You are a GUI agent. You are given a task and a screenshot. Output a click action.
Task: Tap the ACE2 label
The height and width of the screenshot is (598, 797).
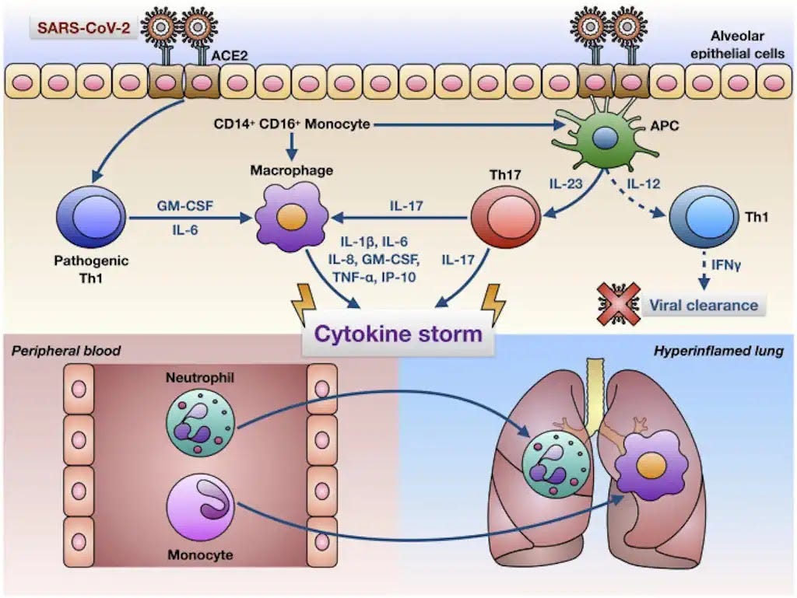click(226, 55)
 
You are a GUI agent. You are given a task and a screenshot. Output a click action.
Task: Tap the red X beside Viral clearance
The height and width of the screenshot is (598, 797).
click(615, 303)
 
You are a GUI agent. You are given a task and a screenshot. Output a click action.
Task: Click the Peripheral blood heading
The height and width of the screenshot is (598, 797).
click(66, 351)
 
